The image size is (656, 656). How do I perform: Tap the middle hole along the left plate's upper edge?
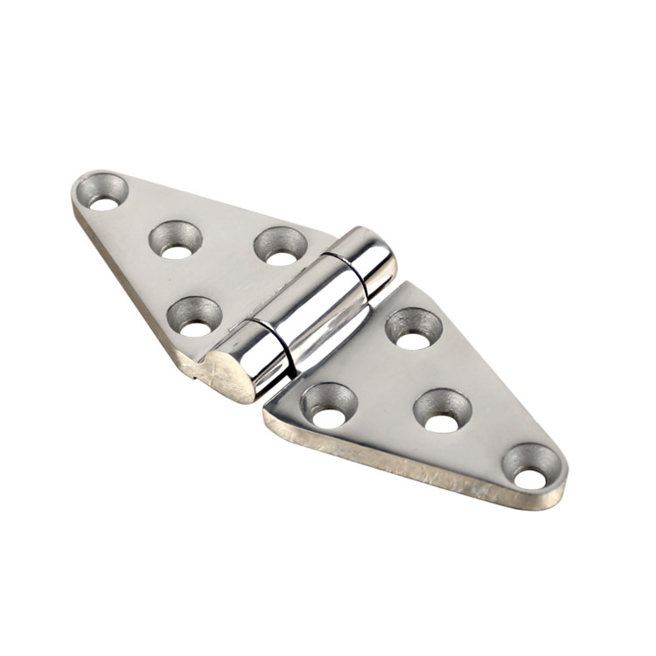[177, 241]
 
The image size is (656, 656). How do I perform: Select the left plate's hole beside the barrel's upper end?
[281, 248]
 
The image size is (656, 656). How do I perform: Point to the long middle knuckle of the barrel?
[319, 315]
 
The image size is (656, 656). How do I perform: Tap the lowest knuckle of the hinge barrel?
[261, 360]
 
